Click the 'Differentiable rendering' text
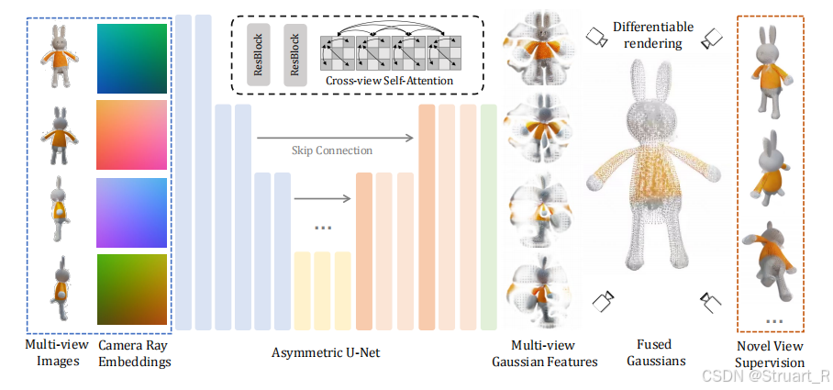pyautogui.click(x=653, y=34)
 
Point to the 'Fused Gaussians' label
pyautogui.click(x=655, y=353)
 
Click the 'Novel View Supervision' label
pyautogui.click(x=771, y=353)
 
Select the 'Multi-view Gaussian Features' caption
pyautogui.click(x=545, y=353)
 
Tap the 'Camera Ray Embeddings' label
pyautogui.click(x=132, y=353)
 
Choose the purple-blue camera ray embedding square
pyautogui.click(x=132, y=212)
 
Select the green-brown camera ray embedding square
pyautogui.click(x=132, y=288)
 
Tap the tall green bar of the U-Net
pyautogui.click(x=488, y=217)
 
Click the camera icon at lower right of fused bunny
pyautogui.click(x=712, y=301)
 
